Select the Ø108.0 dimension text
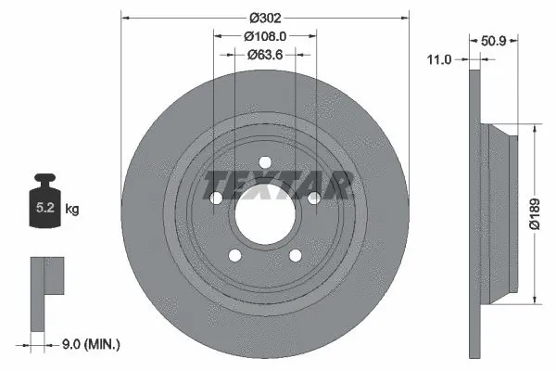264,36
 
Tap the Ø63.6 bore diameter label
264,55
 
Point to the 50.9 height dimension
494,41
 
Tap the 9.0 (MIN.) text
90,346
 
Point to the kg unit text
72,210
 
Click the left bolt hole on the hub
216,198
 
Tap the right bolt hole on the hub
312,198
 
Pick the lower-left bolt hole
234,255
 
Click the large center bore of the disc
264,213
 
